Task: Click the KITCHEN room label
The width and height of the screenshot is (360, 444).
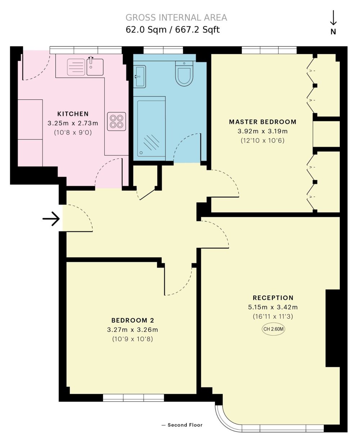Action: tap(73, 114)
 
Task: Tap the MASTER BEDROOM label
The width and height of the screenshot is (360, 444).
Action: tap(262, 122)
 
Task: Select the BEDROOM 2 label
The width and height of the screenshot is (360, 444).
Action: tap(132, 320)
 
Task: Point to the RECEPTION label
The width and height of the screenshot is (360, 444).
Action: tap(273, 298)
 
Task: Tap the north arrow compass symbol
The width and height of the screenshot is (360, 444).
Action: tap(333, 23)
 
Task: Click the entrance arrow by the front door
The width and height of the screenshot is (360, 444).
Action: tap(51, 219)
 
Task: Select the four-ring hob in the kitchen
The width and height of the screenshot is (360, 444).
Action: tap(116, 121)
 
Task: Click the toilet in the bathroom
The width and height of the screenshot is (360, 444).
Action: tap(184, 73)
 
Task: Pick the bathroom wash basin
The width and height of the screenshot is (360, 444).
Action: tap(139, 76)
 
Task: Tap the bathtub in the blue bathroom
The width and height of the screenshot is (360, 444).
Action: tap(151, 128)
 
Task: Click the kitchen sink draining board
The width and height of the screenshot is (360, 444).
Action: tap(76, 67)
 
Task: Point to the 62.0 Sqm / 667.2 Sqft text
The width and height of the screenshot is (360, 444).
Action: tap(172, 30)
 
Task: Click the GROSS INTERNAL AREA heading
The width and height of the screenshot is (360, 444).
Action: tap(176, 17)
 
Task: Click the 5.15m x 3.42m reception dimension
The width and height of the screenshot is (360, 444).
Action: tap(273, 307)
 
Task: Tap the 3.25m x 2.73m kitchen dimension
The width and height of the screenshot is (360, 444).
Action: tap(73, 123)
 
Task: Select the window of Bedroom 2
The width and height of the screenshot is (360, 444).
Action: tap(134, 398)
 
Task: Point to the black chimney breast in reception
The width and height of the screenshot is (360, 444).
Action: tap(333, 328)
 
